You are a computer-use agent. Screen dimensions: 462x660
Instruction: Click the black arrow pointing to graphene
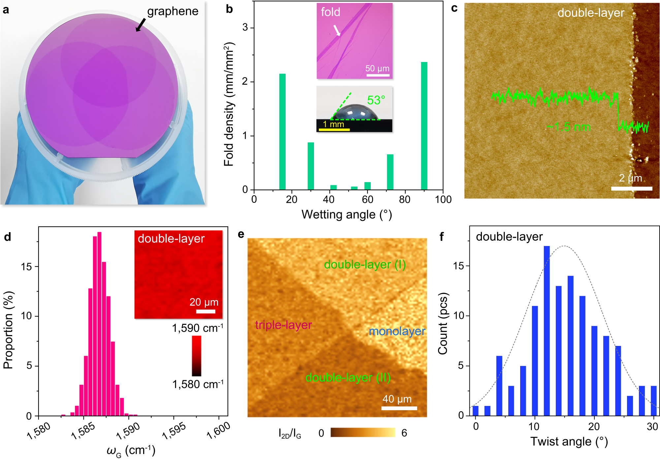click(x=141, y=25)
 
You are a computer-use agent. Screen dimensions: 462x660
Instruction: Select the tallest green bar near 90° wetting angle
click(x=424, y=125)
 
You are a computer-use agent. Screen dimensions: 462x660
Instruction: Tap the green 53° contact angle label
click(x=376, y=100)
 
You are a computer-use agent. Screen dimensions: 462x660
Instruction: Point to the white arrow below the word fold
click(x=337, y=30)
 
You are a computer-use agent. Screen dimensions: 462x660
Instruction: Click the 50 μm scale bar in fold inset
click(x=378, y=75)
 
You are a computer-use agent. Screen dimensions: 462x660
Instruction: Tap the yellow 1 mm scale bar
click(x=334, y=130)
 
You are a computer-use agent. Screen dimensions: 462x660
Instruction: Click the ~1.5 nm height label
click(x=568, y=127)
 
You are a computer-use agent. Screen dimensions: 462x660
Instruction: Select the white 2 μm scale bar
click(x=631, y=189)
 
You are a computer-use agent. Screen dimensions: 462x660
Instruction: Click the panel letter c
click(x=454, y=8)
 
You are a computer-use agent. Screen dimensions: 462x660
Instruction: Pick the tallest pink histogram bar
click(x=99, y=323)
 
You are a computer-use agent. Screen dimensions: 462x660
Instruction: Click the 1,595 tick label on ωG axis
click(x=174, y=431)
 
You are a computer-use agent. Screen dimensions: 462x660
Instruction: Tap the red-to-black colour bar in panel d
click(x=197, y=356)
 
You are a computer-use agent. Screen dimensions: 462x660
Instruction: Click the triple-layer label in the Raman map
click(x=283, y=325)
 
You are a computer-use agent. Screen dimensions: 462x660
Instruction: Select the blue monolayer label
click(x=397, y=331)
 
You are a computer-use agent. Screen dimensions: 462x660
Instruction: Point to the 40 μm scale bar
click(x=399, y=408)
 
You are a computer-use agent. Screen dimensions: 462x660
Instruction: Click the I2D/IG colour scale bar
click(x=363, y=432)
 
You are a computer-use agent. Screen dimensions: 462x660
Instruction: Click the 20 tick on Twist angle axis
click(x=594, y=427)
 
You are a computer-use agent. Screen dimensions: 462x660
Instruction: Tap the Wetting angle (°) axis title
click(x=347, y=215)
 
